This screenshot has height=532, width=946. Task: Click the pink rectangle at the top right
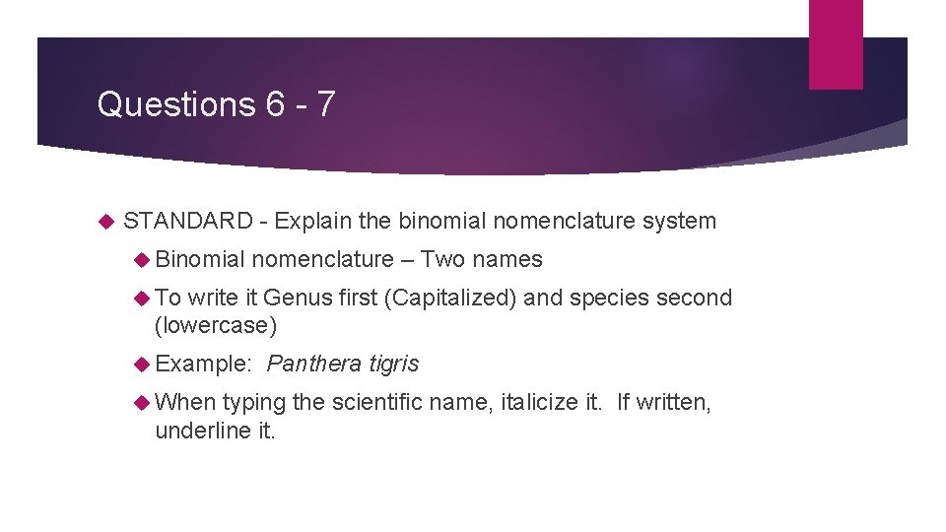836,43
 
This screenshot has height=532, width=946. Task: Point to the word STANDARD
188,222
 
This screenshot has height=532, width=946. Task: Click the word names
507,260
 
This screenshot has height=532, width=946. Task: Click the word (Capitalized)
449,298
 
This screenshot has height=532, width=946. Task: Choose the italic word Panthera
314,365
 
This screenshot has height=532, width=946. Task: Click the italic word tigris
394,365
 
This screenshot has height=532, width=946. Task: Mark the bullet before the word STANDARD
107,222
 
